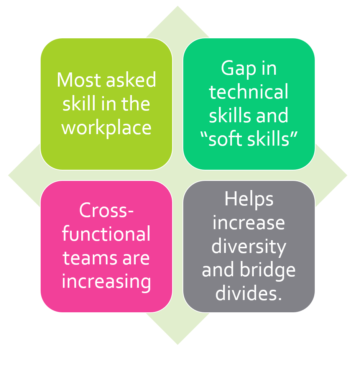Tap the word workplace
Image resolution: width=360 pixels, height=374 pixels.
(106, 127)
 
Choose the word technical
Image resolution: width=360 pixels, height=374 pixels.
(249, 92)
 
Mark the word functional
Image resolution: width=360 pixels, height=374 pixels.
(106, 234)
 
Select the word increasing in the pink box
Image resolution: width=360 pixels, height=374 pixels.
(106, 282)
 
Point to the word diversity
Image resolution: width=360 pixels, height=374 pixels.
(249, 247)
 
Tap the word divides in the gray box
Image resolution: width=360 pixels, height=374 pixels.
(247, 293)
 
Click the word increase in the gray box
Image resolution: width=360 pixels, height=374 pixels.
(249, 223)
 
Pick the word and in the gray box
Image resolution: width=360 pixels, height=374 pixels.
(218, 270)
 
